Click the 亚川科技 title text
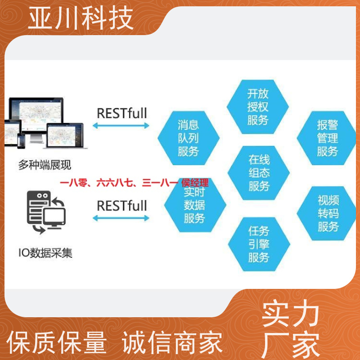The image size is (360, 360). (x=81, y=18)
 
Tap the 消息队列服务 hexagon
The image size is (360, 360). (x=189, y=138)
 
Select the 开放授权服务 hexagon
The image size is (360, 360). (x=257, y=107)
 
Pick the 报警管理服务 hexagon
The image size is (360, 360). (x=327, y=138)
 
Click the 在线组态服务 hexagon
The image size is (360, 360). (x=258, y=173)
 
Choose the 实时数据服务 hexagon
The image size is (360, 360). (x=195, y=205)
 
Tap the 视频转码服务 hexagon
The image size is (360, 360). (x=327, y=213)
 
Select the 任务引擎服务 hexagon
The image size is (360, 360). (x=259, y=244)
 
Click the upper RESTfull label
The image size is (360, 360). (x=121, y=113)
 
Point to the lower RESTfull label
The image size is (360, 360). (x=121, y=206)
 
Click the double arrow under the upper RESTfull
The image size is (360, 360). (x=121, y=126)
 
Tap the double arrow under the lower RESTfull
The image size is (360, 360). (x=121, y=218)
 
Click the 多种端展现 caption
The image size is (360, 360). (x=45, y=165)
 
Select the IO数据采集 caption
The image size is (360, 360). (x=45, y=253)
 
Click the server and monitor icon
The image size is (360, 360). (x=46, y=212)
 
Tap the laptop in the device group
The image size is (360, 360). (x=65, y=136)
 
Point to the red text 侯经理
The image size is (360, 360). (x=195, y=183)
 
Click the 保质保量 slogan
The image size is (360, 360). (x=57, y=342)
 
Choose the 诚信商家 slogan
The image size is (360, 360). (x=172, y=342)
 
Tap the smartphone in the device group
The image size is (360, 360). (x=21, y=141)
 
